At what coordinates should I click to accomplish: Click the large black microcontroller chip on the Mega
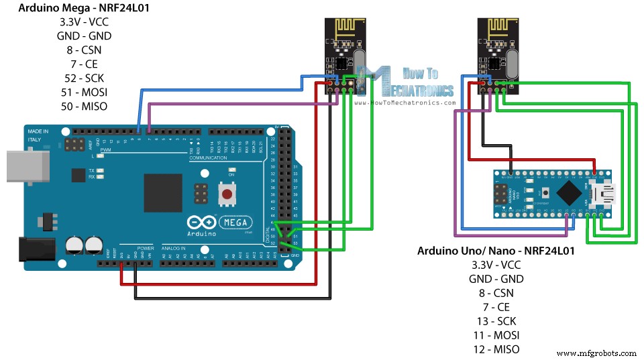tap(163, 192)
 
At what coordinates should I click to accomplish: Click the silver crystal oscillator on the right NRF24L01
tap(514, 64)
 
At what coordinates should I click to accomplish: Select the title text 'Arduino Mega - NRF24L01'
tap(83, 9)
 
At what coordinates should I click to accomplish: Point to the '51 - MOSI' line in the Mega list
tap(83, 92)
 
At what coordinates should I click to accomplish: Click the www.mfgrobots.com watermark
tap(597, 353)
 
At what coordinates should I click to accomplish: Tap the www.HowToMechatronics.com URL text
tap(405, 103)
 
